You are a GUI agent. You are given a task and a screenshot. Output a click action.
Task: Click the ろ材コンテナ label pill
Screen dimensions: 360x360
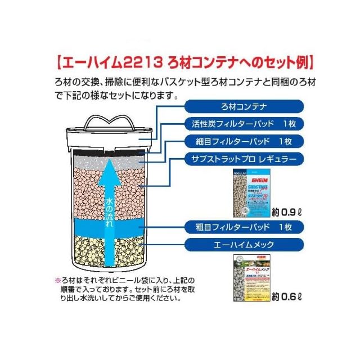[244, 106]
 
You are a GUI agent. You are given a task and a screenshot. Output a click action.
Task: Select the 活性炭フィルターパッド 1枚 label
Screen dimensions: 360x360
[244, 124]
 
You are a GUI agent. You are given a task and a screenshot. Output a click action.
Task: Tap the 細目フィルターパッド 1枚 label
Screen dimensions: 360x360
[244, 141]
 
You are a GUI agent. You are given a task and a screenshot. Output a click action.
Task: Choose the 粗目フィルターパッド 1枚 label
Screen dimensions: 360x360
[244, 227]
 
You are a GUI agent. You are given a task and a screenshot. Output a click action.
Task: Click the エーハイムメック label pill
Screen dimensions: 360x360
[244, 245]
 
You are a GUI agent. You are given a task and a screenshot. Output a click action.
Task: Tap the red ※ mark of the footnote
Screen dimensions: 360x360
[56, 280]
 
